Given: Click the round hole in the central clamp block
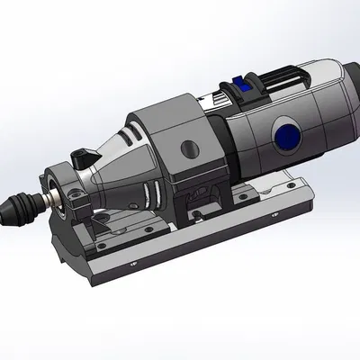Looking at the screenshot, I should [x=186, y=146].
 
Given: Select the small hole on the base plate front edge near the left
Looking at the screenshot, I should [x=133, y=265].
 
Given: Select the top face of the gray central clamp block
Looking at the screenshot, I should [x=166, y=112].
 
